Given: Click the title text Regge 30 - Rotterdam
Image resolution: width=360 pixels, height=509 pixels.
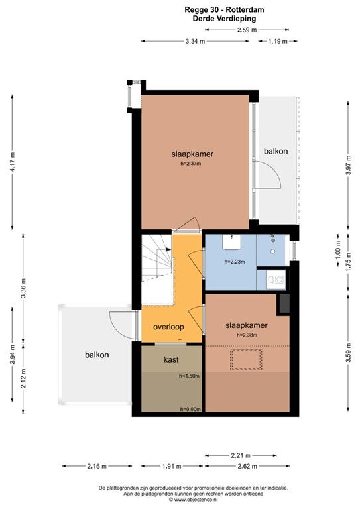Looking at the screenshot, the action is point(224,10).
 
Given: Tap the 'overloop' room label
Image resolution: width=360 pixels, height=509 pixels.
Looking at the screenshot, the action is point(168,327).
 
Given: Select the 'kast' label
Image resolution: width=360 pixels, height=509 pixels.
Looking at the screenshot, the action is point(171,359).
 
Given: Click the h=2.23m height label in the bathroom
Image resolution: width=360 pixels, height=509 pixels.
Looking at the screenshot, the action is point(235,262).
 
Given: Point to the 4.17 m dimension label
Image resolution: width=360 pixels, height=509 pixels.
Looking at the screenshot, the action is point(13,162).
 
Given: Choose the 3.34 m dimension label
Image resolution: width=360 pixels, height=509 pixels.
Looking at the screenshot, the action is point(195,41).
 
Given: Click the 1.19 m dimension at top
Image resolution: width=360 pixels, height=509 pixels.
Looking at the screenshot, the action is point(278,41).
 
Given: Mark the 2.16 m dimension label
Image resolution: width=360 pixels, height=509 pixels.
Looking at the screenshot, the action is point(97,466).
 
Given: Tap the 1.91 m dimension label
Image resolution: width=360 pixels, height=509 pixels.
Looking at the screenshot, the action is point(172,466).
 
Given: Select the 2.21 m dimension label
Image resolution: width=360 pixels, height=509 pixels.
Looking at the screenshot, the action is point(241,456).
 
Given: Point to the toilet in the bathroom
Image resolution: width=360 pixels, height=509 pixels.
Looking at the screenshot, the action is point(276,280).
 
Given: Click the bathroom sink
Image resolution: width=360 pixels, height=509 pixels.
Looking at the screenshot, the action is point(231,242).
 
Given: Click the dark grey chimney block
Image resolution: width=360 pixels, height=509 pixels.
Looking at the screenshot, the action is point(284,304).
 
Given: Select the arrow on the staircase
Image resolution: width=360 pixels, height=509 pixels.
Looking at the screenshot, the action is point(168,249).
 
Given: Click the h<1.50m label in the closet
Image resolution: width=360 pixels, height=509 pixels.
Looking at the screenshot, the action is point(189,376).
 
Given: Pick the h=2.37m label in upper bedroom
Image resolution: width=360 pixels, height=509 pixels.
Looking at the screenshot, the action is point(191,164).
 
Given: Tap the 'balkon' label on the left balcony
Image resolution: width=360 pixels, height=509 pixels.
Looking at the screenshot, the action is point(97,355).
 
